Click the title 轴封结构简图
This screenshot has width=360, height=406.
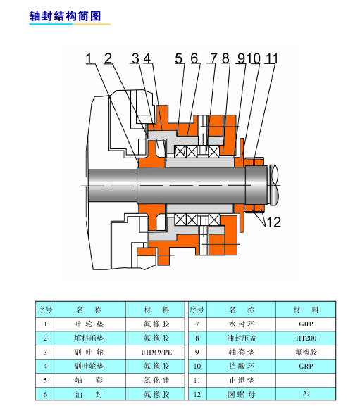coord(65,16)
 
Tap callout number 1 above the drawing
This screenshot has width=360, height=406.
coord(89,58)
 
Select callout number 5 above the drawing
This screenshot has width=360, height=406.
coord(178,58)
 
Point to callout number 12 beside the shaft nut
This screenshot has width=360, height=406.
coord(273,222)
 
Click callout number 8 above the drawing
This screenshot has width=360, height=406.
coord(225,58)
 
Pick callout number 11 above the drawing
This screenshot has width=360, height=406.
coord(271,58)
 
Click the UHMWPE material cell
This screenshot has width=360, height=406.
coord(156,352)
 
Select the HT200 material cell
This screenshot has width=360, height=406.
coord(306,338)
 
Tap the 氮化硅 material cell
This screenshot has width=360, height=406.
coord(156,381)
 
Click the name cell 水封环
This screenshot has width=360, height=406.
coord(242,324)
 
